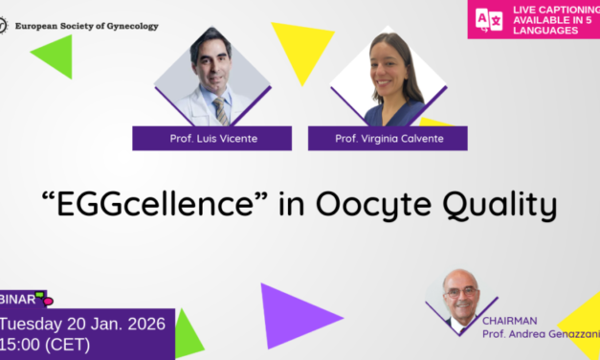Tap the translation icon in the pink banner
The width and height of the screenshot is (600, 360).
coord(488,19)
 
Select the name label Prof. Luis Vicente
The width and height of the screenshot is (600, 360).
coord(201,140)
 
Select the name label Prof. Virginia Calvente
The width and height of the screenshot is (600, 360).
coord(388,140)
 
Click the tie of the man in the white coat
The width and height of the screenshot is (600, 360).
coord(221,109)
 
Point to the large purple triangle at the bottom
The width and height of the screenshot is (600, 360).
coord(291,312)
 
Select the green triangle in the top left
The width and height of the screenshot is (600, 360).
coord(56,55)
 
